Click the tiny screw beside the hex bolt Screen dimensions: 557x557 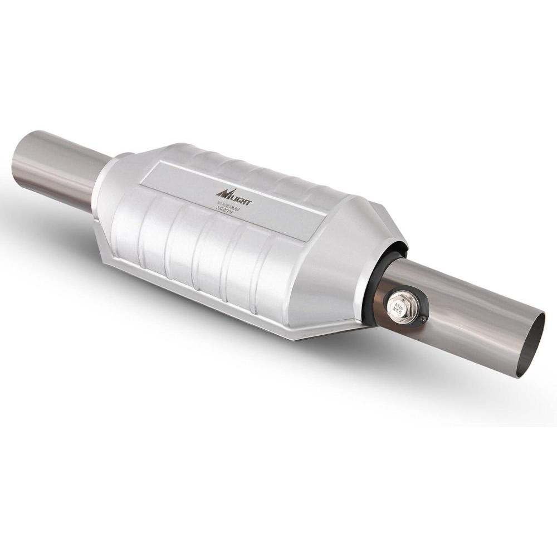click(x=423, y=319)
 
